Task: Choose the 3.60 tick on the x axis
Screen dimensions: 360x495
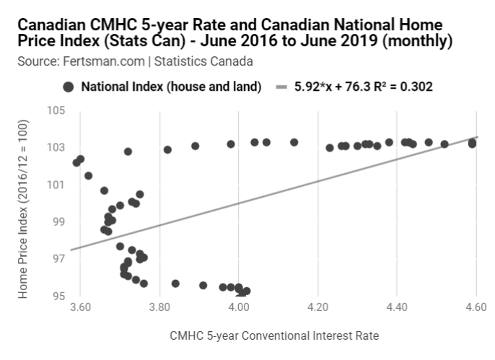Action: [81, 307]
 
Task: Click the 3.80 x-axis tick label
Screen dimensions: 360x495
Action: [159, 307]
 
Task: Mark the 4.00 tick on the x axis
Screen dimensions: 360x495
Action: [239, 307]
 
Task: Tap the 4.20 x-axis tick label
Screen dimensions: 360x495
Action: [317, 307]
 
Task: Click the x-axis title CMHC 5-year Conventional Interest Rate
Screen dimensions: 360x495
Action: [274, 336]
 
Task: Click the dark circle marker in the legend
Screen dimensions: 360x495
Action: [69, 87]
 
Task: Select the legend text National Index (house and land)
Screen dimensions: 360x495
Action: [171, 87]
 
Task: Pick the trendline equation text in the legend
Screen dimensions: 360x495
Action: [364, 87]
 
